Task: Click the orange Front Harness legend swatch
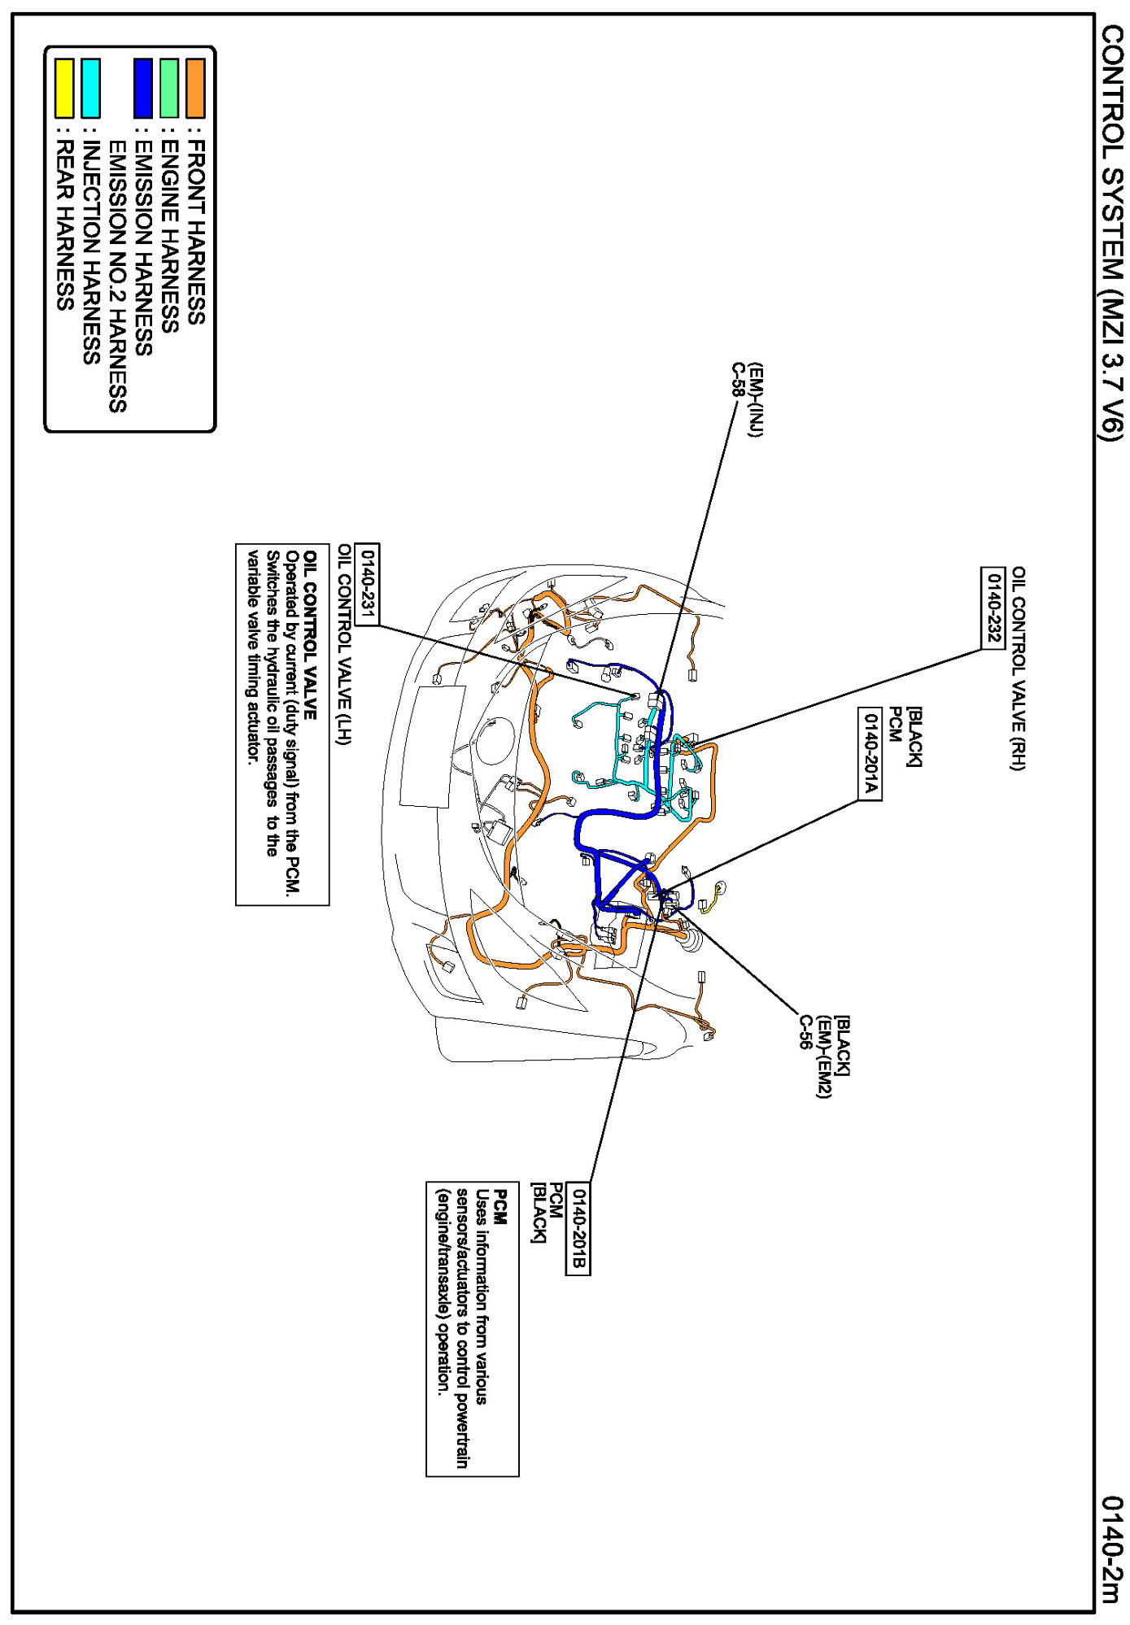(x=195, y=89)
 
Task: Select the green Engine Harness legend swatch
(x=169, y=89)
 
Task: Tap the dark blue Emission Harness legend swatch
(x=143, y=89)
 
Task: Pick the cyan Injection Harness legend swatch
(x=91, y=89)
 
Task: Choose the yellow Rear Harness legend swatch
(x=65, y=89)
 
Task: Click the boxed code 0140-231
(x=368, y=584)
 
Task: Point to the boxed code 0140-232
(x=993, y=607)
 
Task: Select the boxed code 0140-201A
(x=870, y=753)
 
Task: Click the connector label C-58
(x=738, y=380)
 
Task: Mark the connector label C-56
(x=805, y=1032)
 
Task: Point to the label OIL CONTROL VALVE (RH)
(x=1018, y=668)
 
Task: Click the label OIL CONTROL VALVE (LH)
(x=344, y=643)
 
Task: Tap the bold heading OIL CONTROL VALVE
(x=310, y=634)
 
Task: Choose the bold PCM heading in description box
(x=501, y=1207)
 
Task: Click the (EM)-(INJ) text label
(x=757, y=400)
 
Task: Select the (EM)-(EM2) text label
(x=824, y=1056)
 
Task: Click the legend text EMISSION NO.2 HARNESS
(x=117, y=277)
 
